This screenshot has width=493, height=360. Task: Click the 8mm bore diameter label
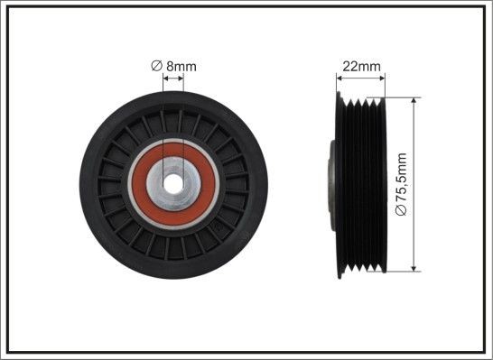click(x=179, y=66)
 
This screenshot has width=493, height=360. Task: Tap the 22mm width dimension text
click(x=360, y=66)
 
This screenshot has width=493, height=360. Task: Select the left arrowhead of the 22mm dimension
click(x=341, y=78)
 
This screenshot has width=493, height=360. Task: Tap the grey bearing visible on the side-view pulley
click(x=331, y=180)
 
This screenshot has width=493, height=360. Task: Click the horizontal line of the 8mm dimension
click(x=173, y=78)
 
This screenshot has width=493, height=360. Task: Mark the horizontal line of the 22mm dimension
click(x=361, y=78)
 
